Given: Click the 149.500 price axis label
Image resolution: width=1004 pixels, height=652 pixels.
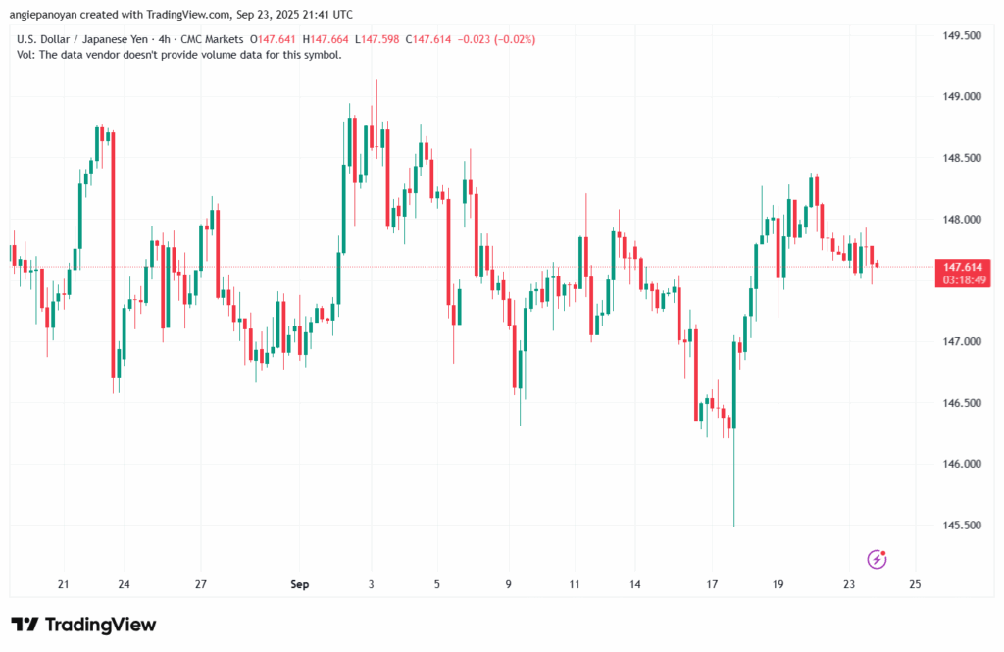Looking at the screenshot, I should pos(961,35).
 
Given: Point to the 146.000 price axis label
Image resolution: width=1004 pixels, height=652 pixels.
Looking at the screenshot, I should pos(961,464).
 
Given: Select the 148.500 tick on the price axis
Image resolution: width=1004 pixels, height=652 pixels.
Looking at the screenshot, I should pos(961,158).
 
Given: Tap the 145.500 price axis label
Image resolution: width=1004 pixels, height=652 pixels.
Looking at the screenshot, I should pos(961,526).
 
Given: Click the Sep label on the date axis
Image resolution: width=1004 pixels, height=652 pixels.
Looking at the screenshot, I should pos(300,584).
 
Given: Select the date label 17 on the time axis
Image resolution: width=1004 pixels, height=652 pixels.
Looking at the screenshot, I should pos(714,584).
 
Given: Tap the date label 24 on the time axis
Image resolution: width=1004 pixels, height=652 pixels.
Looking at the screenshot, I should pos(125,584).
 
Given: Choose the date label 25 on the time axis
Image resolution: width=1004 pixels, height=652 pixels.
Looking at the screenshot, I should pos(916,584).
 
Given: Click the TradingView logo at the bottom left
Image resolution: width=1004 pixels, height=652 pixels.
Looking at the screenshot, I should pos(83,625).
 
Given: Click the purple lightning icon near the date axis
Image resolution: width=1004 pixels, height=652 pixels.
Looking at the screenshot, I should pos(878,559).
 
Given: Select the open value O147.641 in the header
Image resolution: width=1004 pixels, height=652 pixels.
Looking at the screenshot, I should pos(276,39).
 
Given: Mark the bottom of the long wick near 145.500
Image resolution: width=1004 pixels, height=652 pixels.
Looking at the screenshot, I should pos(733,527).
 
